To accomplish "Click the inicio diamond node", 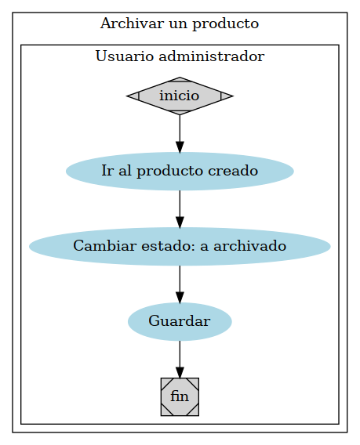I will click(180, 96).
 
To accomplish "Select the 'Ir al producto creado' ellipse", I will click(180, 171).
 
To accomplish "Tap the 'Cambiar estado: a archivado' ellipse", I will click(180, 246).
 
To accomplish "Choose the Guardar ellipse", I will click(180, 321).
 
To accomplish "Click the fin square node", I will click(180, 396).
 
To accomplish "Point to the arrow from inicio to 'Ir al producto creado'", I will click(180, 132).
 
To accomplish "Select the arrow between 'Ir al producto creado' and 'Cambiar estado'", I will click(180, 208).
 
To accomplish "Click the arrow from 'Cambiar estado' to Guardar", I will click(180, 283).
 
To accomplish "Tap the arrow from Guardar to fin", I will click(180, 358).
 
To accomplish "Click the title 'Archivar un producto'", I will click(180, 24).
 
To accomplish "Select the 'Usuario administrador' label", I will click(180, 56).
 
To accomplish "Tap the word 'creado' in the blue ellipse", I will click(237, 171).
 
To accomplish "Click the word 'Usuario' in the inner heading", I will click(119, 56).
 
